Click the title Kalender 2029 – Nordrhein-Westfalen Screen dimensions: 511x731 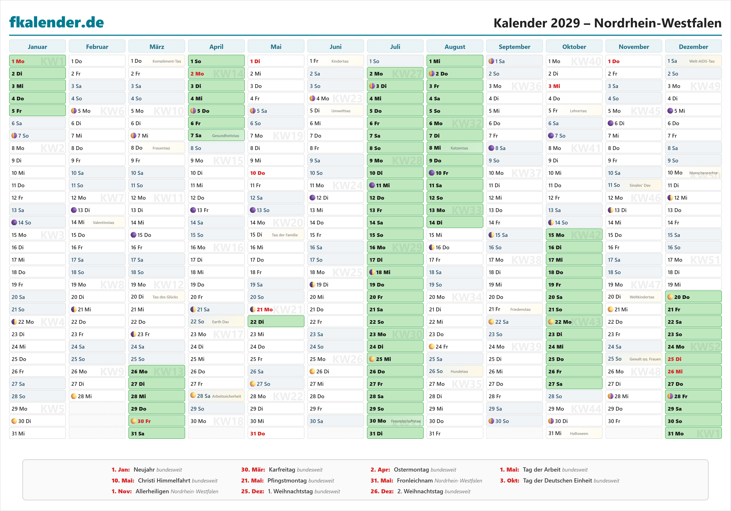(x=607, y=23)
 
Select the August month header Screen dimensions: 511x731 (x=455, y=47)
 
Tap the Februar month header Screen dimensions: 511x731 (x=97, y=47)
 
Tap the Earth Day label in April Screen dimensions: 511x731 (x=220, y=322)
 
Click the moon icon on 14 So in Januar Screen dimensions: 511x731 (x=14, y=223)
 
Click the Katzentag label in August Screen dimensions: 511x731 (x=459, y=148)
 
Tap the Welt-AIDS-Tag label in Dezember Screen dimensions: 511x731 (x=702, y=61)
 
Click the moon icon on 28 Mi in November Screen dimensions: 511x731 (x=610, y=396)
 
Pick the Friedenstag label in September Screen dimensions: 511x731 (x=520, y=309)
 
